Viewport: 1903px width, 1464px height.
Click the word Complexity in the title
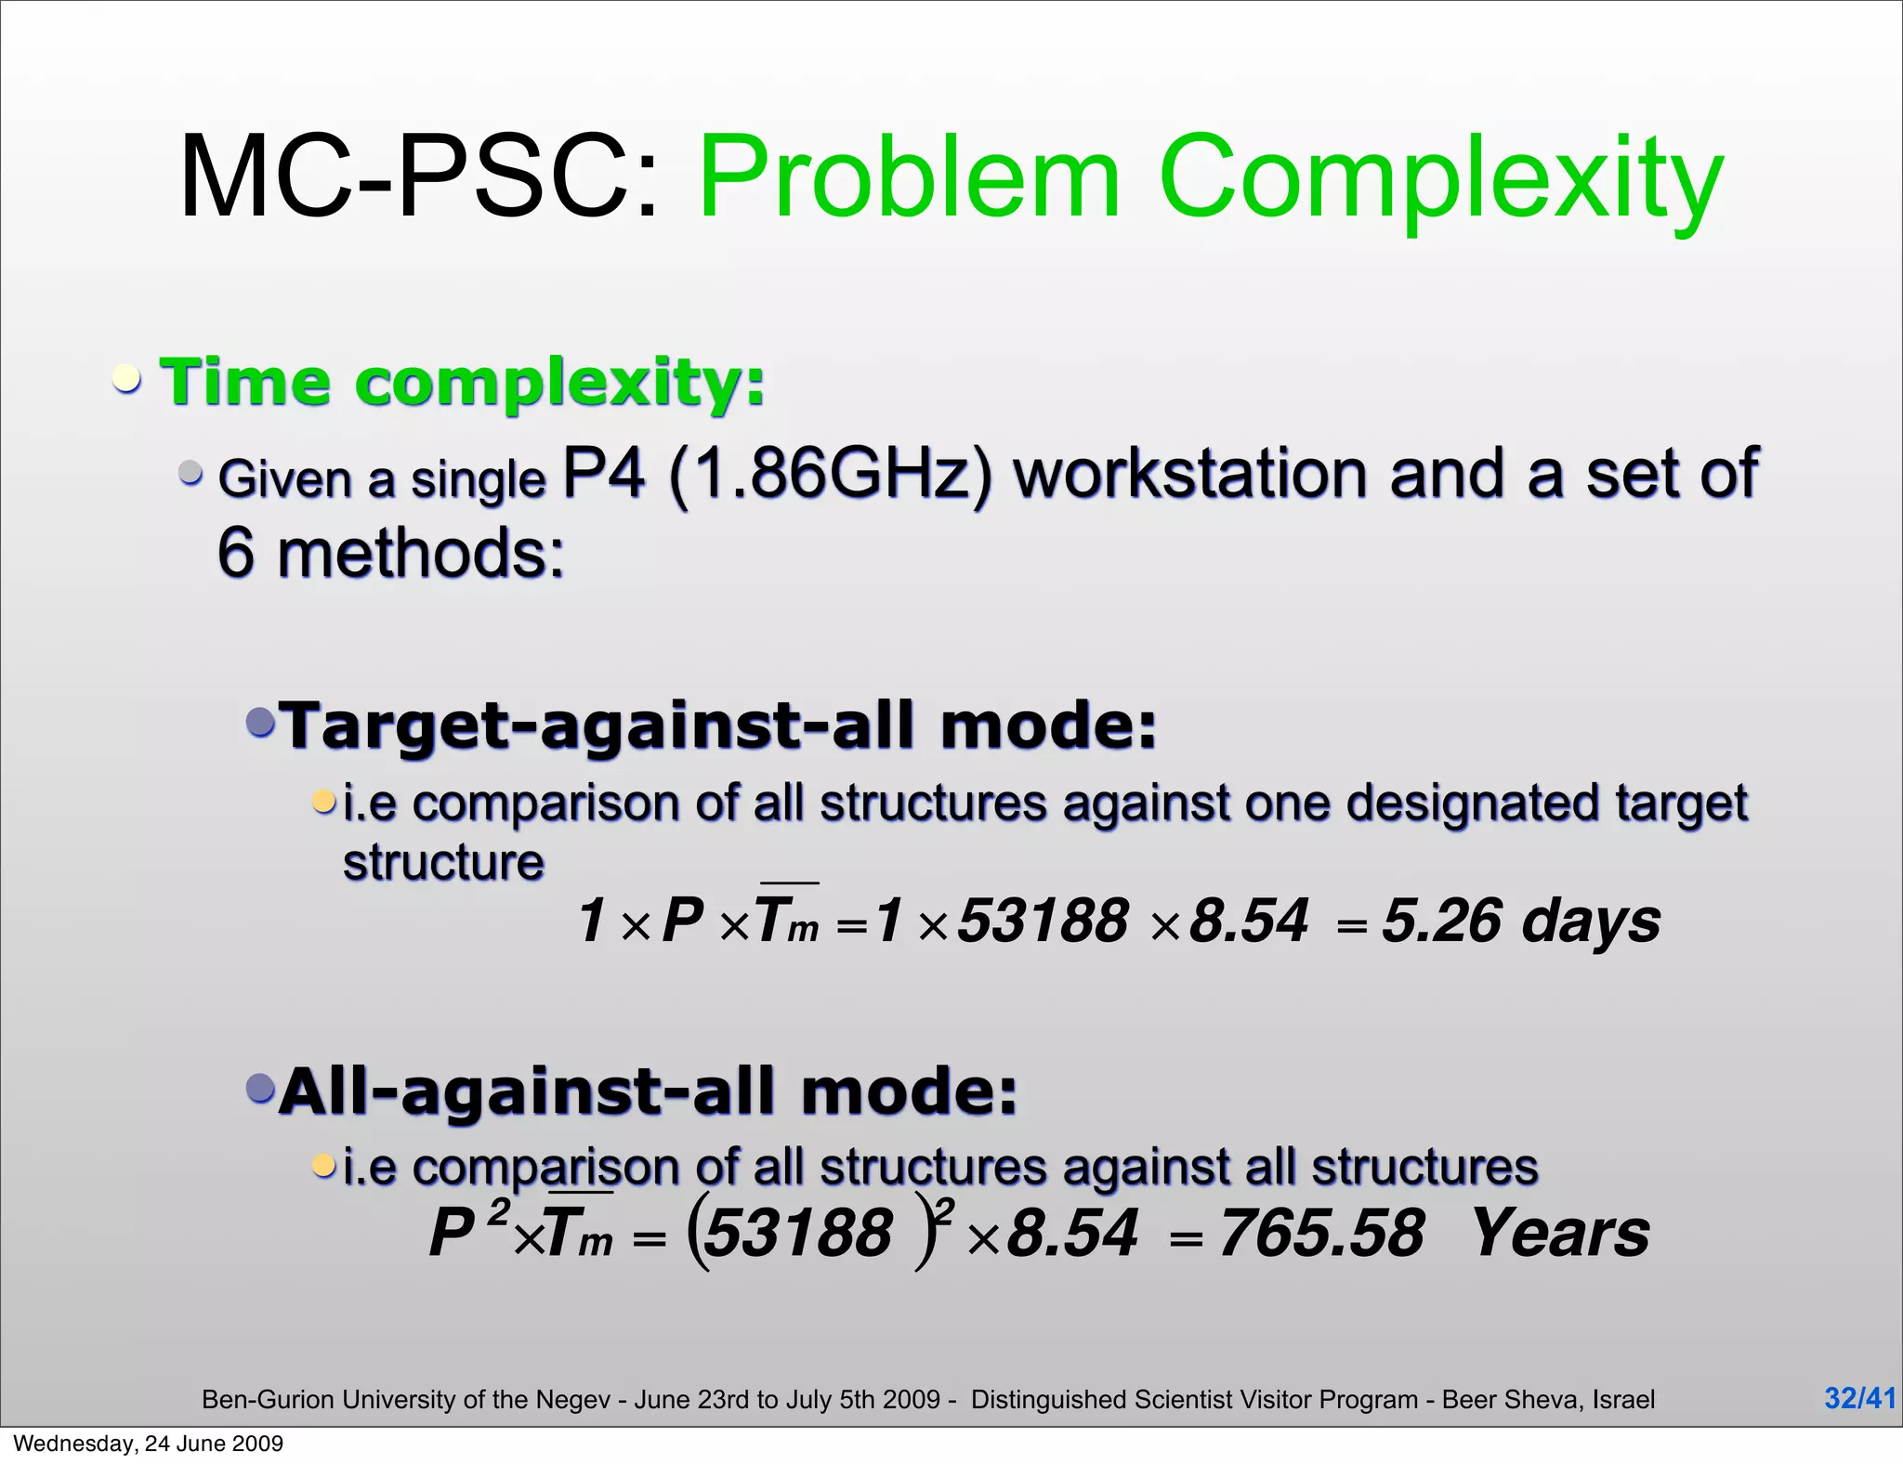pyautogui.click(x=1440, y=178)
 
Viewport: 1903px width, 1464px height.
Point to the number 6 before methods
pyautogui.click(x=236, y=553)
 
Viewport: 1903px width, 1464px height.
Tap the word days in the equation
pyautogui.click(x=1591, y=921)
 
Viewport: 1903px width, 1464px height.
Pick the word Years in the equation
pyautogui.click(x=1561, y=1234)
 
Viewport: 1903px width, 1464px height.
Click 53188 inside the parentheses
pyautogui.click(x=797, y=1234)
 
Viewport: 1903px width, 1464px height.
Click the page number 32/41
pyautogui.click(x=1859, y=1398)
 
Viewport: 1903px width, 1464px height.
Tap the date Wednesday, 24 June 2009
pyautogui.click(x=149, y=1444)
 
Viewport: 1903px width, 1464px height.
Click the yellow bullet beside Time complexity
pyautogui.click(x=127, y=379)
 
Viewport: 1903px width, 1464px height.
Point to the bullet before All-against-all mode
pyautogui.click(x=261, y=1087)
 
